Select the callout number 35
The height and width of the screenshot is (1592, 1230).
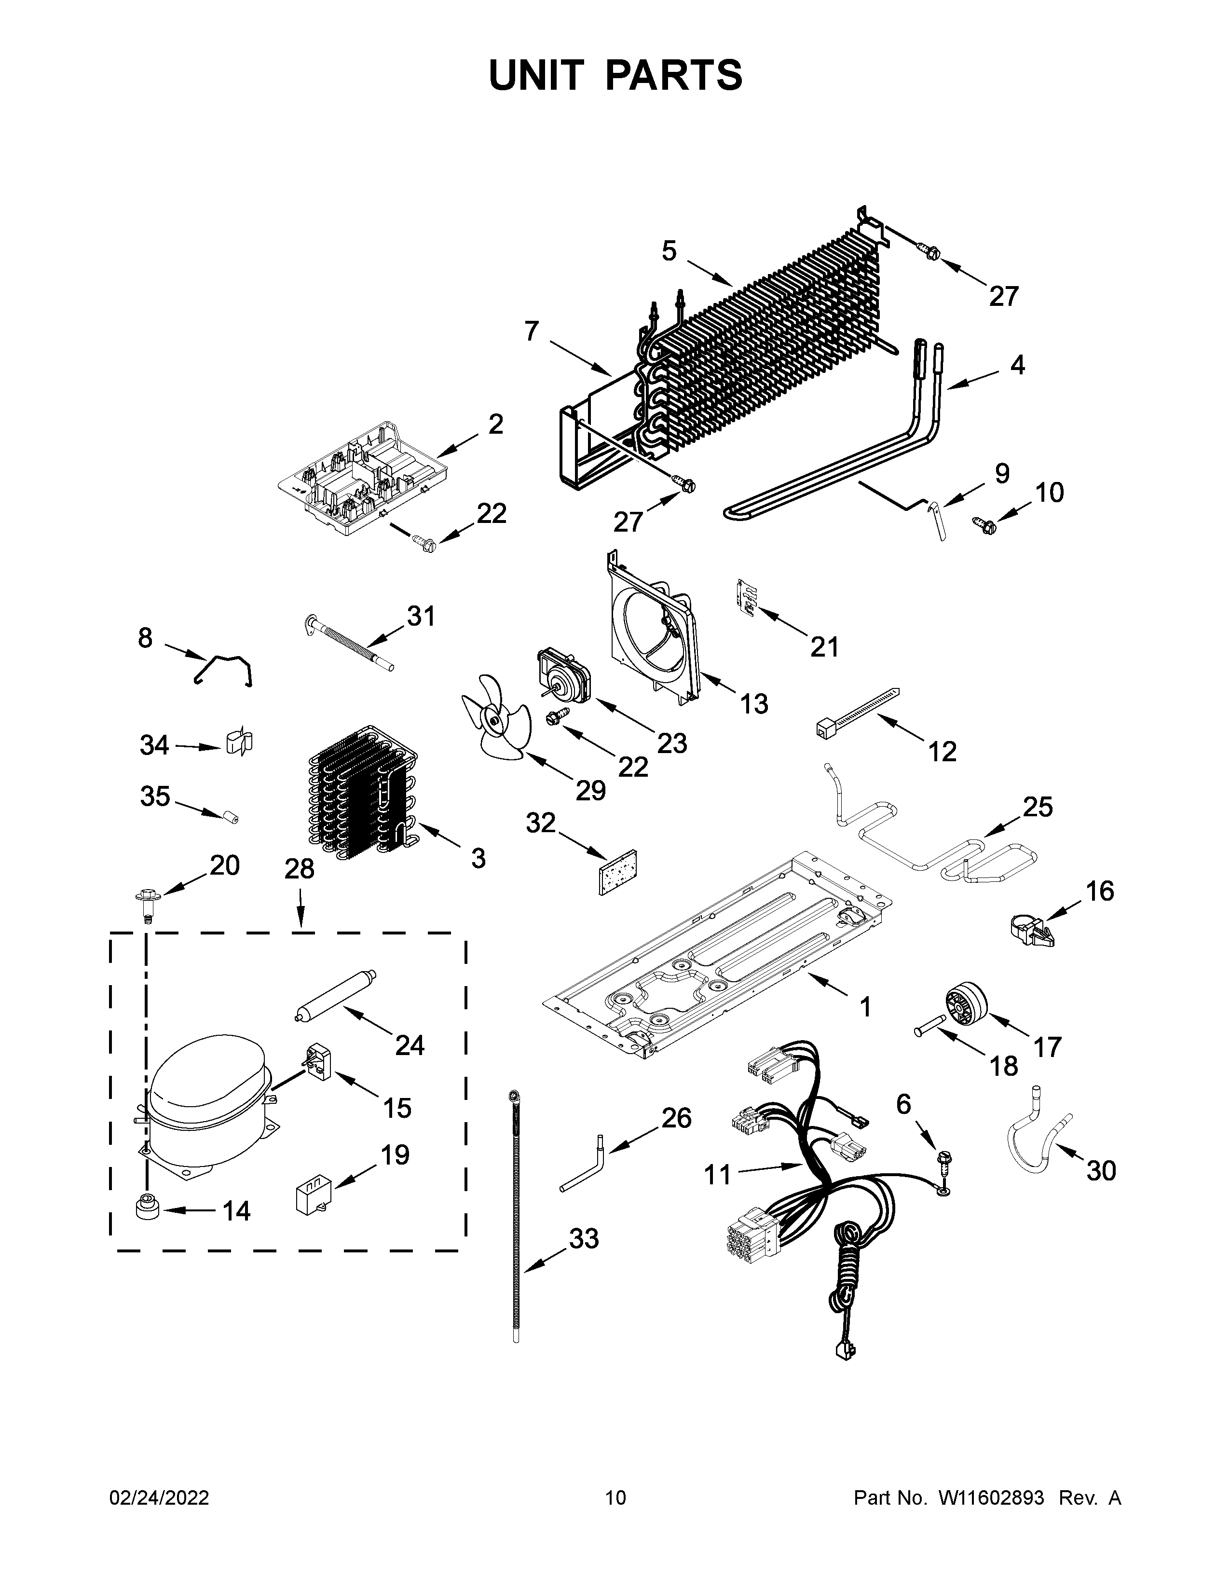[x=155, y=796]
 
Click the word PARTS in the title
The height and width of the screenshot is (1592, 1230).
[x=673, y=75]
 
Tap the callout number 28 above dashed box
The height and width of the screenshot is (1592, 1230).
[x=300, y=869]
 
